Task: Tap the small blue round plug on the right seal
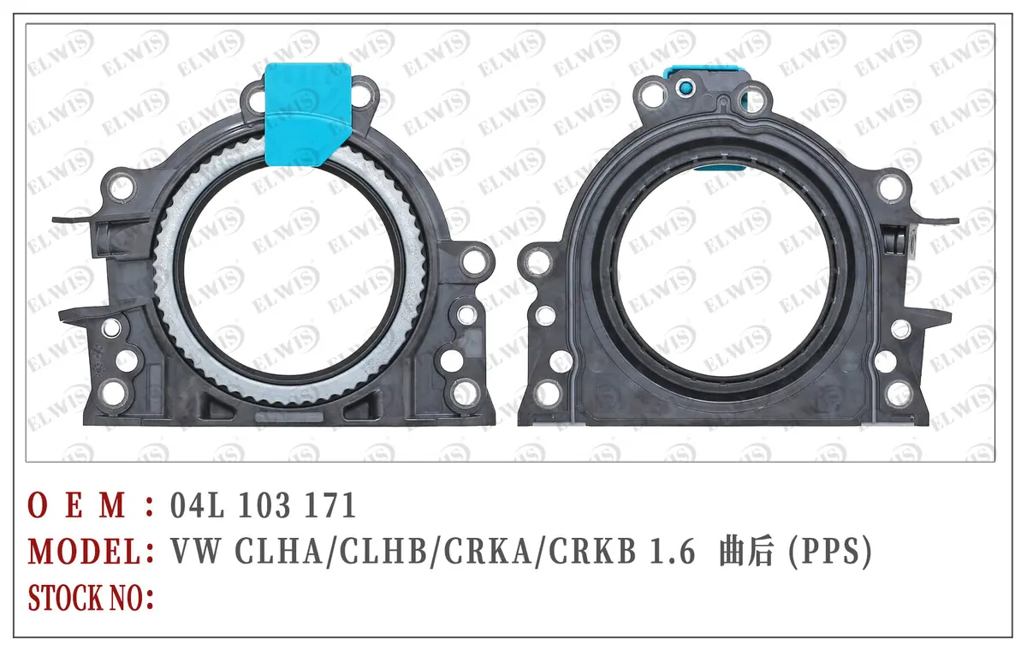(x=686, y=87)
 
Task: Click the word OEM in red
(x=77, y=505)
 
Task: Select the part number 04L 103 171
(x=264, y=505)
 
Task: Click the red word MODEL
(x=85, y=551)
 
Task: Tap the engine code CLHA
(x=279, y=551)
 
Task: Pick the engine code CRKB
(x=592, y=551)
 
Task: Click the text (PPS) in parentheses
(x=830, y=552)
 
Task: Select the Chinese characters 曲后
(x=747, y=551)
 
